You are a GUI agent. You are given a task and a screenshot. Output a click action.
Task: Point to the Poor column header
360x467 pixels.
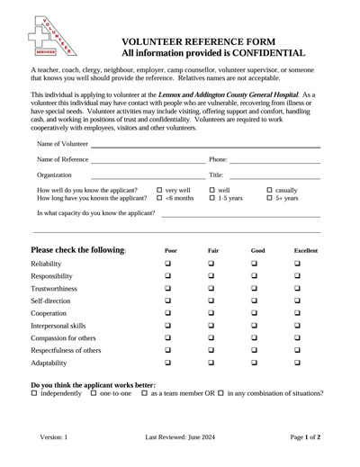(171, 249)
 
